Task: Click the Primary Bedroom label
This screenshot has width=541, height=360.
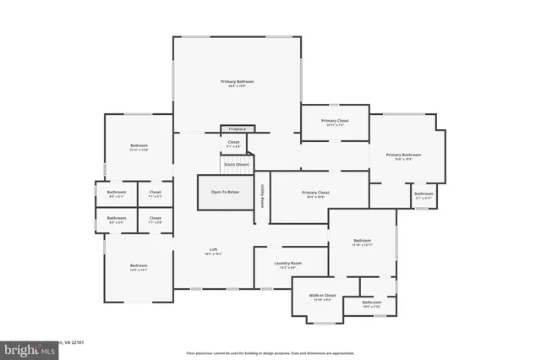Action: coord(238,82)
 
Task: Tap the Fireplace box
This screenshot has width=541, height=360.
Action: coord(238,128)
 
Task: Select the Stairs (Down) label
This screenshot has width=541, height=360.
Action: coord(237,163)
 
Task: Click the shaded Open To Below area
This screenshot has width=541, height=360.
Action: coord(225,192)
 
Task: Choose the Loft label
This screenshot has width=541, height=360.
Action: coord(214,250)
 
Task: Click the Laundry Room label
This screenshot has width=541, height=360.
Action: coord(288,265)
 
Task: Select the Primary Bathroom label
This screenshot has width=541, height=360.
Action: coord(403,155)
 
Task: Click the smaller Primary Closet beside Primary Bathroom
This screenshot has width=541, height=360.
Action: coord(335,122)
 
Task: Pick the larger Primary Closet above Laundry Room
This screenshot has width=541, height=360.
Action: coord(315,194)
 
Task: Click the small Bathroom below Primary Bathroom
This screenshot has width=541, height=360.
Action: coord(424,195)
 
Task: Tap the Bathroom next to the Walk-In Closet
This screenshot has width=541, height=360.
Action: coord(371,303)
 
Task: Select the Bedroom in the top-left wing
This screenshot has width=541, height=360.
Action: coord(139,148)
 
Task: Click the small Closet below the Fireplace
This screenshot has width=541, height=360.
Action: coord(233,143)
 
